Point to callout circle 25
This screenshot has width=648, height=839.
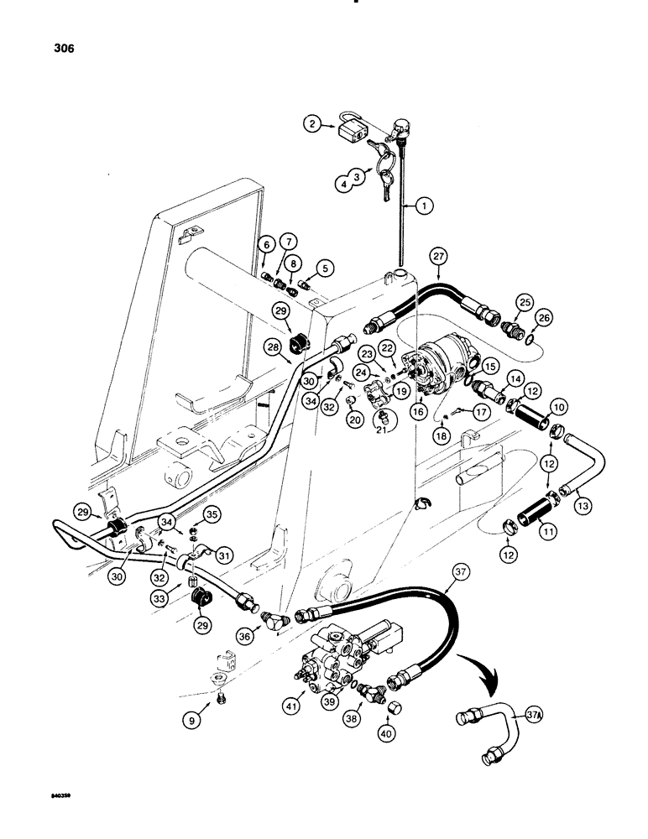525,300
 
